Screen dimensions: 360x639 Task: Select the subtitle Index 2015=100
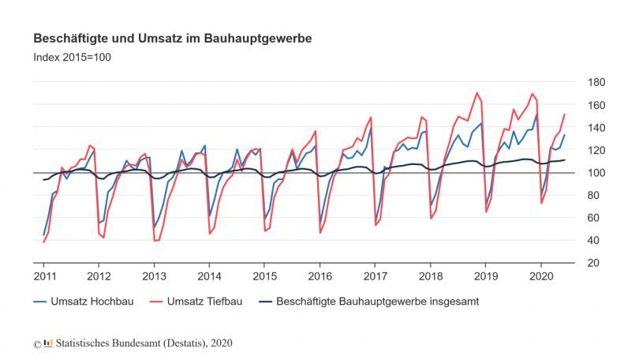click(72, 57)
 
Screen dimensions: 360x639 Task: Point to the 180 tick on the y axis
click(596, 83)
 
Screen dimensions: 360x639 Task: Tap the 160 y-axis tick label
click(596, 106)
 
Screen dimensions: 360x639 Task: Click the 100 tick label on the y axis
click(596, 173)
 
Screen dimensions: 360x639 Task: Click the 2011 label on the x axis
click(44, 276)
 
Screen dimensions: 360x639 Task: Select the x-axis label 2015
click(264, 276)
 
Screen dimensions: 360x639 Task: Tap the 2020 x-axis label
click(540, 276)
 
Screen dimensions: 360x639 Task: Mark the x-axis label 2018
click(430, 276)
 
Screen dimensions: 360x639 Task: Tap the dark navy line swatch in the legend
click(266, 302)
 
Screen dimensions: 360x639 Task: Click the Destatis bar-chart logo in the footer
click(48, 343)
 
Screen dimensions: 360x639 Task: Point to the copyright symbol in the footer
click(37, 343)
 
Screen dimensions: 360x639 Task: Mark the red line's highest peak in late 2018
click(476, 93)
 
